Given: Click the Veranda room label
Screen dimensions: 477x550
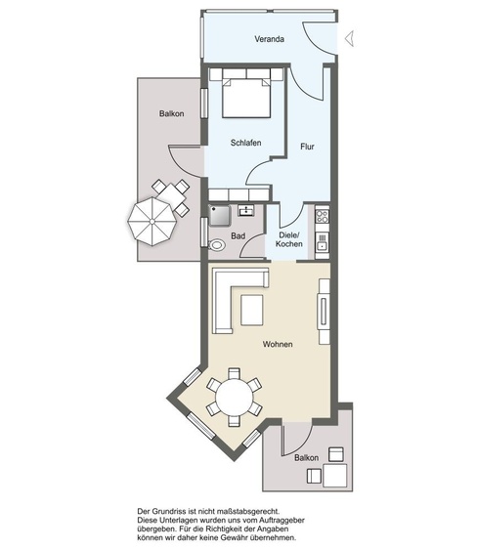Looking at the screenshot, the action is [269, 39].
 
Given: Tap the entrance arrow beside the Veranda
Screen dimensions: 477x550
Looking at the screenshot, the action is [350, 38].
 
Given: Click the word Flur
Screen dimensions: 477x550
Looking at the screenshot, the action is [307, 147].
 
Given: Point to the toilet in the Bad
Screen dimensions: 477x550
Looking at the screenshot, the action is [217, 245].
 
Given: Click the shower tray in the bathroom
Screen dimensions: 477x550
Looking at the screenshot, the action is [219, 215].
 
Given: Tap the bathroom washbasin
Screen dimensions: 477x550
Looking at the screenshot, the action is [246, 210].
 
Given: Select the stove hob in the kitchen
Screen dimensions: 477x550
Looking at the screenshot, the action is [322, 215].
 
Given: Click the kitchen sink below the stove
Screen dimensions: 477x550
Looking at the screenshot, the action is [322, 242].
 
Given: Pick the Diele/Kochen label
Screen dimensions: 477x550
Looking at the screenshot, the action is [289, 239].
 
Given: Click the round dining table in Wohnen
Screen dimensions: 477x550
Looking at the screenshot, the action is [235, 398].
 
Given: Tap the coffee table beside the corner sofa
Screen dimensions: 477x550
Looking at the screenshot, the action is [252, 310].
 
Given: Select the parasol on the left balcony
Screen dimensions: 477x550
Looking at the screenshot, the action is [152, 222].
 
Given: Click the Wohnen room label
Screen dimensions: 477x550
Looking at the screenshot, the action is [278, 344].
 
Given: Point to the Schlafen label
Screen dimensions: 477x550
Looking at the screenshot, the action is [245, 143].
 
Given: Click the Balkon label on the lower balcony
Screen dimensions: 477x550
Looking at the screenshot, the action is [306, 458].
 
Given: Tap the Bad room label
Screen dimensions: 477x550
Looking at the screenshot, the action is [238, 236].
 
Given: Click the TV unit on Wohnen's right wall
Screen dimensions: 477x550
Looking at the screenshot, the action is [324, 312].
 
